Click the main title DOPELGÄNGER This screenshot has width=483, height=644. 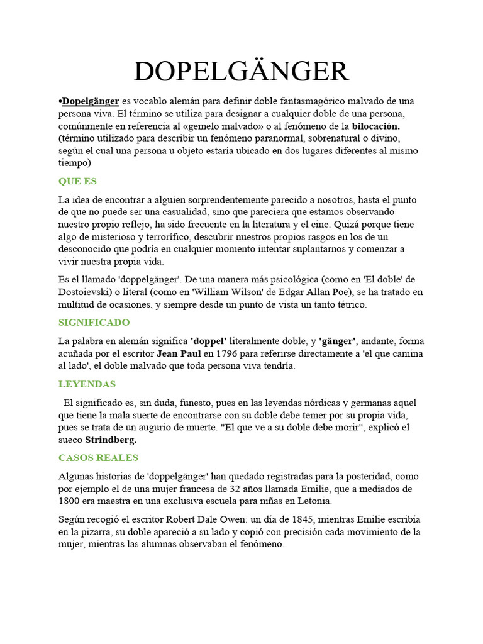(x=241, y=71)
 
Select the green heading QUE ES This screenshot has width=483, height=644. (x=77, y=181)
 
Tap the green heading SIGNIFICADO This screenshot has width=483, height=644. (x=94, y=322)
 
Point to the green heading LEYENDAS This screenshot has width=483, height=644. (x=87, y=384)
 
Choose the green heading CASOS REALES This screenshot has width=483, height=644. (x=98, y=457)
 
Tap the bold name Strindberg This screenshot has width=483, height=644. (x=111, y=440)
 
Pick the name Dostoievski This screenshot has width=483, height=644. (x=86, y=292)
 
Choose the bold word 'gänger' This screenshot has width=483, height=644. (x=337, y=341)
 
